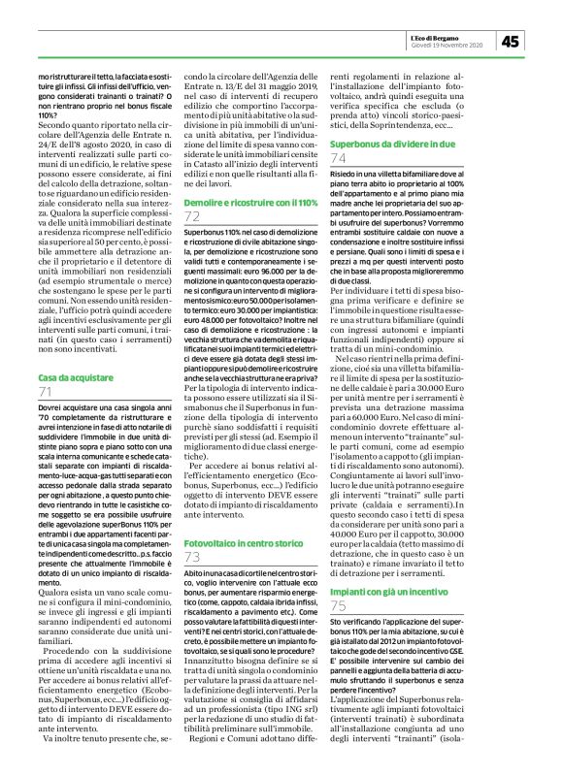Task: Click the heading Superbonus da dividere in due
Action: tap(387, 142)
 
